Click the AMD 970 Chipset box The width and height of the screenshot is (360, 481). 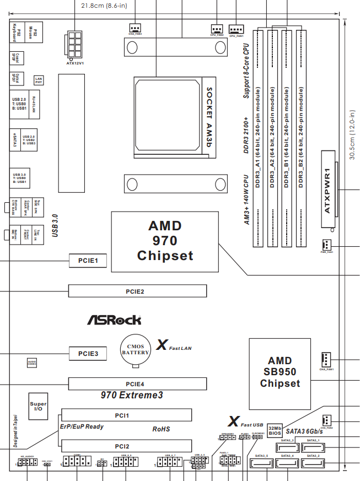164,241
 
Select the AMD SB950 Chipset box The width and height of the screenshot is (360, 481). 280,372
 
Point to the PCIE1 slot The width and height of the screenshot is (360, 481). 88,260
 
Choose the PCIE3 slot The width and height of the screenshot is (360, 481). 88,353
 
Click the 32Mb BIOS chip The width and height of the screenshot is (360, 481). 276,430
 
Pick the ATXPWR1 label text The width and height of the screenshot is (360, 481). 327,191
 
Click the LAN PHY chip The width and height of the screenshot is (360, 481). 38,81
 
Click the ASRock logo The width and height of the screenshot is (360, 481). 114,320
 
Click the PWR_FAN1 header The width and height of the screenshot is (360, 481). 325,244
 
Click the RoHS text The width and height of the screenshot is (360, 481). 162,428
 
